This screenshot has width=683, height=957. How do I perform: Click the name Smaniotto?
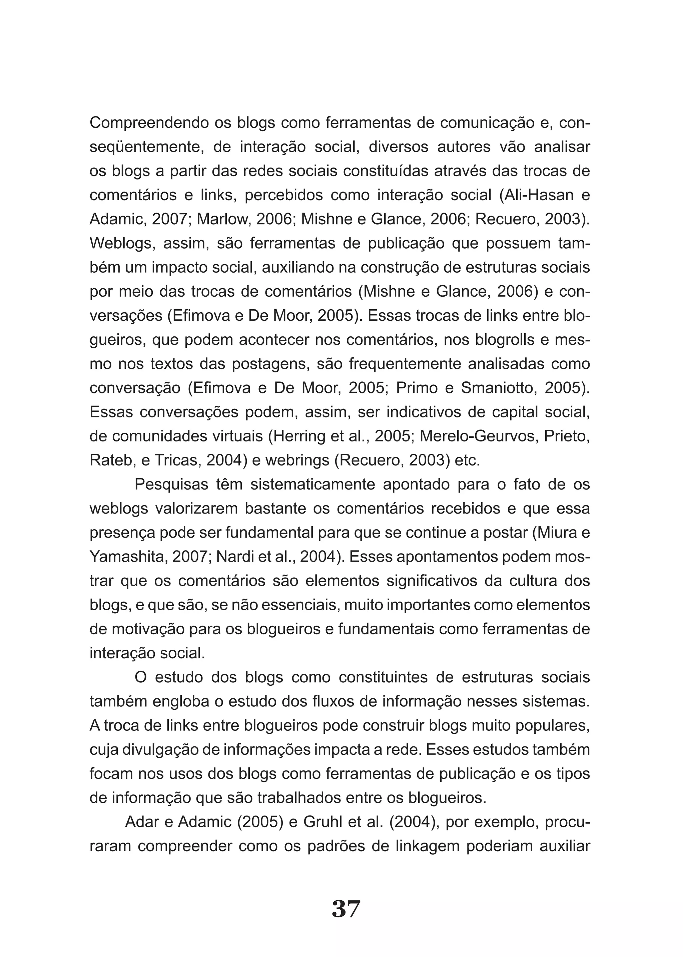pyautogui.click(x=498, y=388)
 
